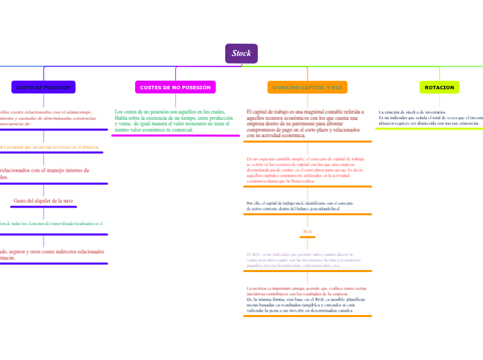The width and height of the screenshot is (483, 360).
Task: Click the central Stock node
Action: point(241,53)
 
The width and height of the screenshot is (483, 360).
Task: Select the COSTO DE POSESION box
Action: point(44,87)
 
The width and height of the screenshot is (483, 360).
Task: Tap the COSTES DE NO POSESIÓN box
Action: point(175,87)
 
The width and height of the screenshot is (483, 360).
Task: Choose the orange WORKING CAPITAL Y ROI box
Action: point(308,88)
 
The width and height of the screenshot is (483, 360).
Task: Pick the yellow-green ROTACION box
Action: point(439,87)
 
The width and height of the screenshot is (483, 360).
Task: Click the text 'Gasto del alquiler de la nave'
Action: point(43,201)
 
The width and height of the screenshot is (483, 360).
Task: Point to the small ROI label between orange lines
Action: point(308,231)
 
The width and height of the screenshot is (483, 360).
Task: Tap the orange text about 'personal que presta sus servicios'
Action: point(49,147)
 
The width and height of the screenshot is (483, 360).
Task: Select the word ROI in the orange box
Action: point(337,88)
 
